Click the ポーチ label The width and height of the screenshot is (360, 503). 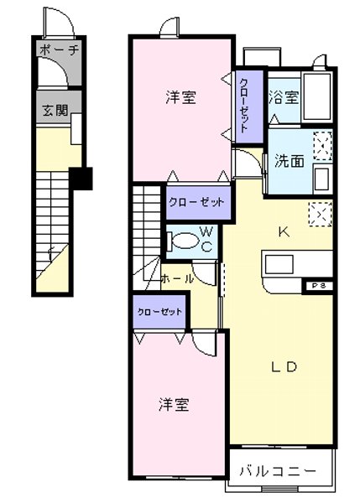58,49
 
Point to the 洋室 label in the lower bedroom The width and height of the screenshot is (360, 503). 175,405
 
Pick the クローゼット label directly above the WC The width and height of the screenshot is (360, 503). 196,202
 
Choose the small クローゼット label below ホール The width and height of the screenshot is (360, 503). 159,312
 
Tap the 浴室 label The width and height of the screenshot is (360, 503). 283,97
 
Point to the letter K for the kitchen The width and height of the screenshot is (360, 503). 284,233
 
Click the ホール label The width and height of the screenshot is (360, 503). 177,278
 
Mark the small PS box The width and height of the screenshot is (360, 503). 319,286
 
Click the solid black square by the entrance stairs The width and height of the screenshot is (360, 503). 81,177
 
